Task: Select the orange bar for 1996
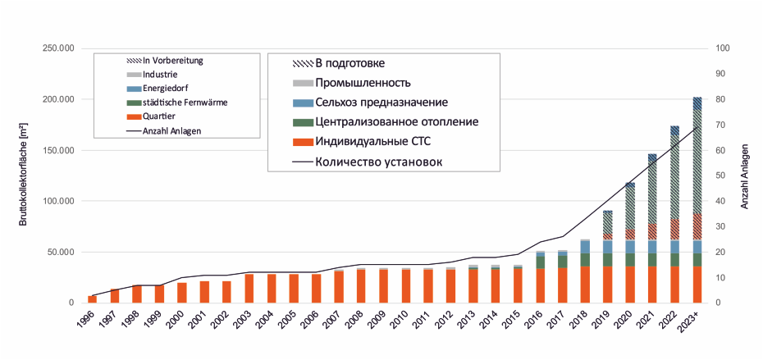92,298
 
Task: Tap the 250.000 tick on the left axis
57,48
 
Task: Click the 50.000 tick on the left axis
60,252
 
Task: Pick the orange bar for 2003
249,289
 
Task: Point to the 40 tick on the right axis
720,201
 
